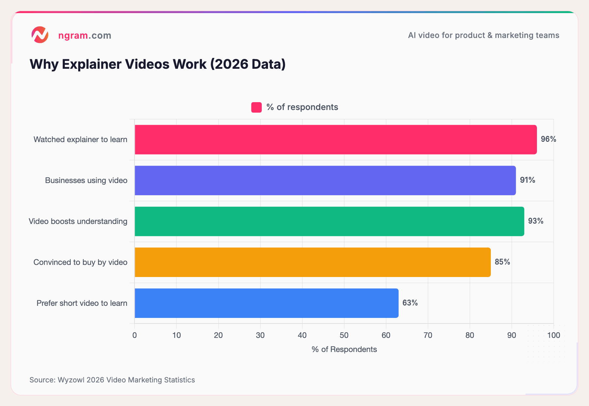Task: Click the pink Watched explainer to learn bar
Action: click(x=335, y=139)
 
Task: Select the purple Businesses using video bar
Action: click(x=325, y=180)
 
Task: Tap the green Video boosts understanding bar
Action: click(x=329, y=221)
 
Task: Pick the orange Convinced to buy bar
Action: click(x=312, y=262)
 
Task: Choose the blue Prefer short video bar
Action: click(x=266, y=303)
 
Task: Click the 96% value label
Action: click(x=548, y=139)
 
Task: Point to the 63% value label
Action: click(x=410, y=303)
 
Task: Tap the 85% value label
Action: click(x=502, y=262)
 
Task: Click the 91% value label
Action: click(x=527, y=180)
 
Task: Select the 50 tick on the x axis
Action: click(x=344, y=335)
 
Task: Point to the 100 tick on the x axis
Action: click(x=554, y=335)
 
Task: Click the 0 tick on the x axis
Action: click(x=134, y=335)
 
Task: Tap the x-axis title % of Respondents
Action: click(x=344, y=349)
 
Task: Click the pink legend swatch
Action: click(x=256, y=107)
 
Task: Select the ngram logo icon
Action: click(x=40, y=35)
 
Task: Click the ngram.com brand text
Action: click(x=85, y=35)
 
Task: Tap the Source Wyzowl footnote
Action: click(x=112, y=380)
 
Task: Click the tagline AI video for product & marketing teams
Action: click(x=483, y=35)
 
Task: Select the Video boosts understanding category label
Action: click(x=78, y=221)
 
